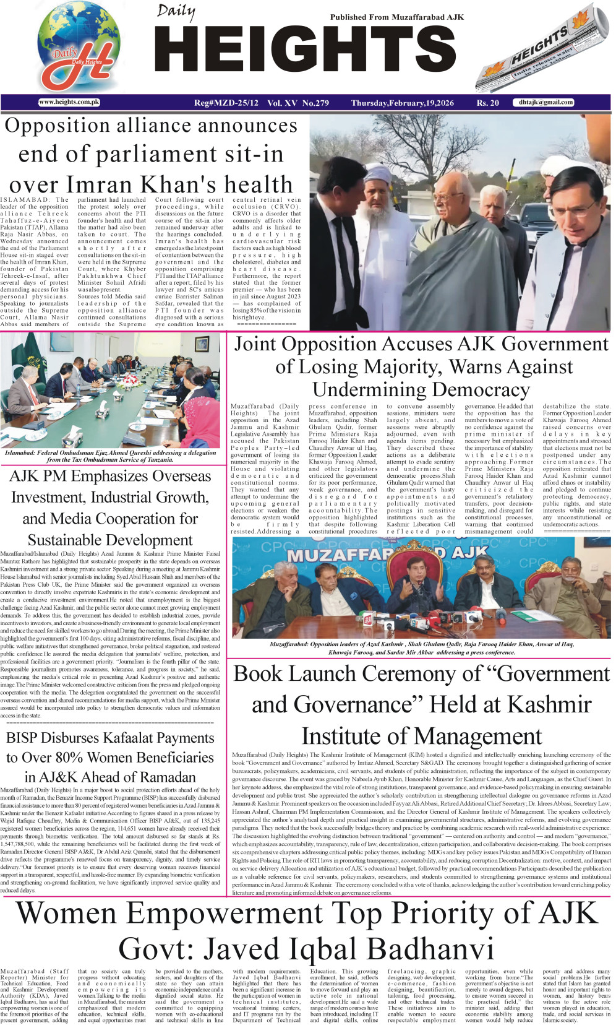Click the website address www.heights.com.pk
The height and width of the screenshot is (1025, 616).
click(x=69, y=102)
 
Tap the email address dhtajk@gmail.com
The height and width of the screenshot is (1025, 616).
click(x=546, y=102)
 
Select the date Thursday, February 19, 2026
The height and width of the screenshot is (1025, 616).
click(x=402, y=103)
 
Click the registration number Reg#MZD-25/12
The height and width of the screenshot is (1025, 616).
click(x=226, y=103)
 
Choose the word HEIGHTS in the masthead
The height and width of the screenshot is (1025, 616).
click(x=306, y=51)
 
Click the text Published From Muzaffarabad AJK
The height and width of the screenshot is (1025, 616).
click(x=396, y=17)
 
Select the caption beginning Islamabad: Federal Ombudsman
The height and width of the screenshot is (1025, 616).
click(x=110, y=456)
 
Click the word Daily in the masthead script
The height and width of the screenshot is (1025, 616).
click(x=176, y=11)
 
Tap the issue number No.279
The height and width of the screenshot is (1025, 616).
click(x=315, y=103)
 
